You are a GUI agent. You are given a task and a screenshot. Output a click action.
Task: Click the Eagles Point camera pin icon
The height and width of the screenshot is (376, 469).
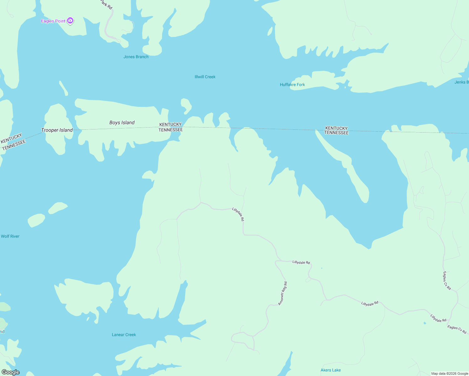(70, 21)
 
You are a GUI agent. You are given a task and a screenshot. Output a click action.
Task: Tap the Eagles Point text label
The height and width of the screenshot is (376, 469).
(53, 21)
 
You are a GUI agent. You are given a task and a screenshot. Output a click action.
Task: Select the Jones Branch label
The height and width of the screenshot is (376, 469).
(136, 57)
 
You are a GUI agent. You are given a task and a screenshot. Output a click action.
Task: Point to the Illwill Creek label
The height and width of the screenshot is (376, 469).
(205, 77)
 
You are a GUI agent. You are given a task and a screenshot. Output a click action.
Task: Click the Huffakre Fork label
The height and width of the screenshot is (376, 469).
(292, 85)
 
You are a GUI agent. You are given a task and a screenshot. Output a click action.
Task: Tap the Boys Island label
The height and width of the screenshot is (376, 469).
(122, 123)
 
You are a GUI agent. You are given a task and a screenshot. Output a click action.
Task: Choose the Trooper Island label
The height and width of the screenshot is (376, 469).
(57, 130)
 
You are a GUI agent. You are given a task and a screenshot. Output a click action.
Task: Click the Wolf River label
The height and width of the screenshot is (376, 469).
(10, 236)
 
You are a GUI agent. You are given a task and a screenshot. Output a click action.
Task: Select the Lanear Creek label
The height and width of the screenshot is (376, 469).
(124, 335)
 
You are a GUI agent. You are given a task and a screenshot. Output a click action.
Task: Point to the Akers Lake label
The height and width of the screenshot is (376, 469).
(330, 370)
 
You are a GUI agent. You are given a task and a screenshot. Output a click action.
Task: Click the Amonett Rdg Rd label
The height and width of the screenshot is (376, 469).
(283, 293)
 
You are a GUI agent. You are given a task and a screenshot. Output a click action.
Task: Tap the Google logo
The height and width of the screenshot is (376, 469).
(10, 372)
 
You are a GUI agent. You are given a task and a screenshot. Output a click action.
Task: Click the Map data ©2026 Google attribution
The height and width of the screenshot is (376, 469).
(450, 373)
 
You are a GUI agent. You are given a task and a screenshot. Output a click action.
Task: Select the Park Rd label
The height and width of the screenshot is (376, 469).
(106, 4)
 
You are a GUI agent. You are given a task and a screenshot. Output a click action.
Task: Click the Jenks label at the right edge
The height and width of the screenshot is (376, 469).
(461, 82)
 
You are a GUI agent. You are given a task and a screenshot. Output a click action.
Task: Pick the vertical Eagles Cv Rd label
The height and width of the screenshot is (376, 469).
(447, 281)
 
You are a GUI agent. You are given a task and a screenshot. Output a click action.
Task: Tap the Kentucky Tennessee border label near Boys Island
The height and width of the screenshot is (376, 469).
(171, 127)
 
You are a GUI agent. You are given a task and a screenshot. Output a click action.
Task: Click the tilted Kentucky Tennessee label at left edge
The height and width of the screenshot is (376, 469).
(13, 142)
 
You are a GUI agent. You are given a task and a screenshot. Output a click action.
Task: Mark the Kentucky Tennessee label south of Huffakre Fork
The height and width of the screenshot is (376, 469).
(336, 130)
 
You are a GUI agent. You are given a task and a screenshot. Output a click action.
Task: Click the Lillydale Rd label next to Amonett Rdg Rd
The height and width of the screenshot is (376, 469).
(301, 262)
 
